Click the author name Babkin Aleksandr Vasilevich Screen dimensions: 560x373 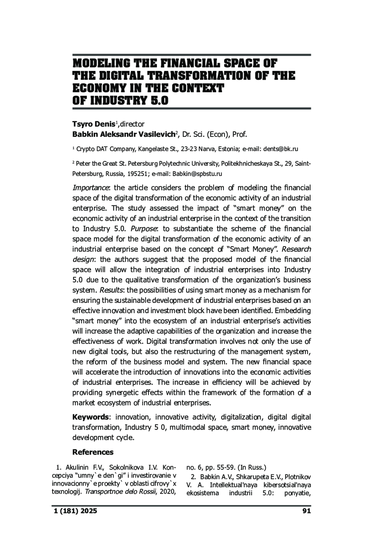tap(124, 135)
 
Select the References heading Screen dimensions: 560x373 tap(93, 452)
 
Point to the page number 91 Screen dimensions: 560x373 tap(306, 511)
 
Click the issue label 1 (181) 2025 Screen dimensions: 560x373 tap(75, 511)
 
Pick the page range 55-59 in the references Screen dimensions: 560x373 tap(220, 467)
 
